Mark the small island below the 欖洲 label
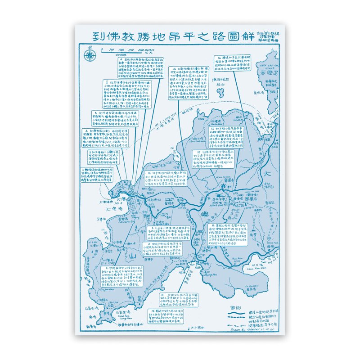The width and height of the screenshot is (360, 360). coord(221,93)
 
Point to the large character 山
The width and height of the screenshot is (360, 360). coord(132,256)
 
